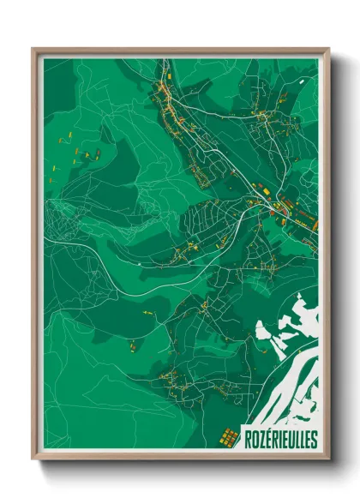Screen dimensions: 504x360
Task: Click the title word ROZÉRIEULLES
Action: pos(279,439)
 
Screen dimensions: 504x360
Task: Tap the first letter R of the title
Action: pos(248,439)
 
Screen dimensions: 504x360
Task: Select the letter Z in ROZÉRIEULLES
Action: pos(261,439)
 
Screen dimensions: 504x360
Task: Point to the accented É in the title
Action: pos(267,439)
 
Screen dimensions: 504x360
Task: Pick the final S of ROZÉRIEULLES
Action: pos(313,439)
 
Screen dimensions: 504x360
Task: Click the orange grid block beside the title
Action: pos(228,438)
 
